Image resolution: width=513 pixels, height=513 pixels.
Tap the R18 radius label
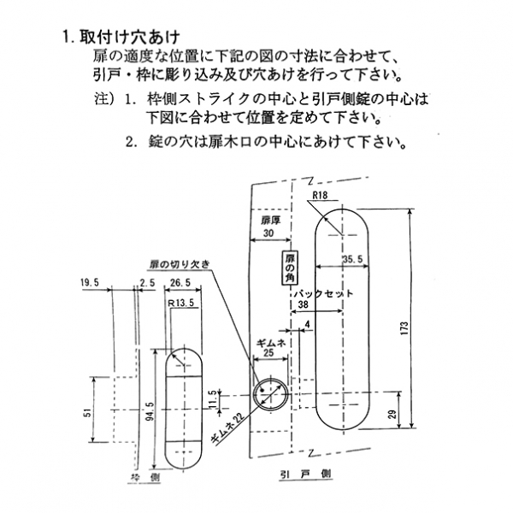click(x=321, y=197)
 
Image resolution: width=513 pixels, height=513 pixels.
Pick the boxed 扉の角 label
click(x=290, y=268)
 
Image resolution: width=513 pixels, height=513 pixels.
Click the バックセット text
click(x=324, y=293)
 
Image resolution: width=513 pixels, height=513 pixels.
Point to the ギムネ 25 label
click(x=271, y=346)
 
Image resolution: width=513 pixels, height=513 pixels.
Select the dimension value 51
click(x=87, y=414)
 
